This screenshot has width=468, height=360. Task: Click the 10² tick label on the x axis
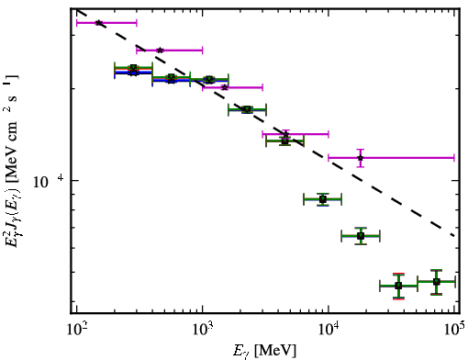click(77, 331)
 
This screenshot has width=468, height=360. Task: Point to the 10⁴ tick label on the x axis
click(329, 331)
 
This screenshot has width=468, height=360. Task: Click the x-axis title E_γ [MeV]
click(264, 351)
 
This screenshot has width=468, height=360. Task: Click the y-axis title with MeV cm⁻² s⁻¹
click(12, 161)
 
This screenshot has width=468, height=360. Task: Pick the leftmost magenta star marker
click(99, 23)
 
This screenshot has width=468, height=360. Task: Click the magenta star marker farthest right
click(361, 158)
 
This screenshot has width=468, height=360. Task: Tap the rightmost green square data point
click(437, 282)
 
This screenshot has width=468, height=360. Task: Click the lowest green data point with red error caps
click(398, 286)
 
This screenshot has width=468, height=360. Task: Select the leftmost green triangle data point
click(133, 68)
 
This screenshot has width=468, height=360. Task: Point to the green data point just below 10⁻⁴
click(323, 199)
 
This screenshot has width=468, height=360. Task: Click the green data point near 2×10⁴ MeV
click(361, 236)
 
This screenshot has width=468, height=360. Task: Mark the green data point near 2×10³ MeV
click(247, 109)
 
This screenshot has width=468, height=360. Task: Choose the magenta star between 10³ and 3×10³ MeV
click(225, 87)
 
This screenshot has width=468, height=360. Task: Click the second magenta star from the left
click(160, 51)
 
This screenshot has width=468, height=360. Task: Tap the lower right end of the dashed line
click(454, 236)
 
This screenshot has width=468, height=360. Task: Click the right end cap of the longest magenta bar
click(454, 158)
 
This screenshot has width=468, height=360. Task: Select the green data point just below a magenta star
click(285, 141)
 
